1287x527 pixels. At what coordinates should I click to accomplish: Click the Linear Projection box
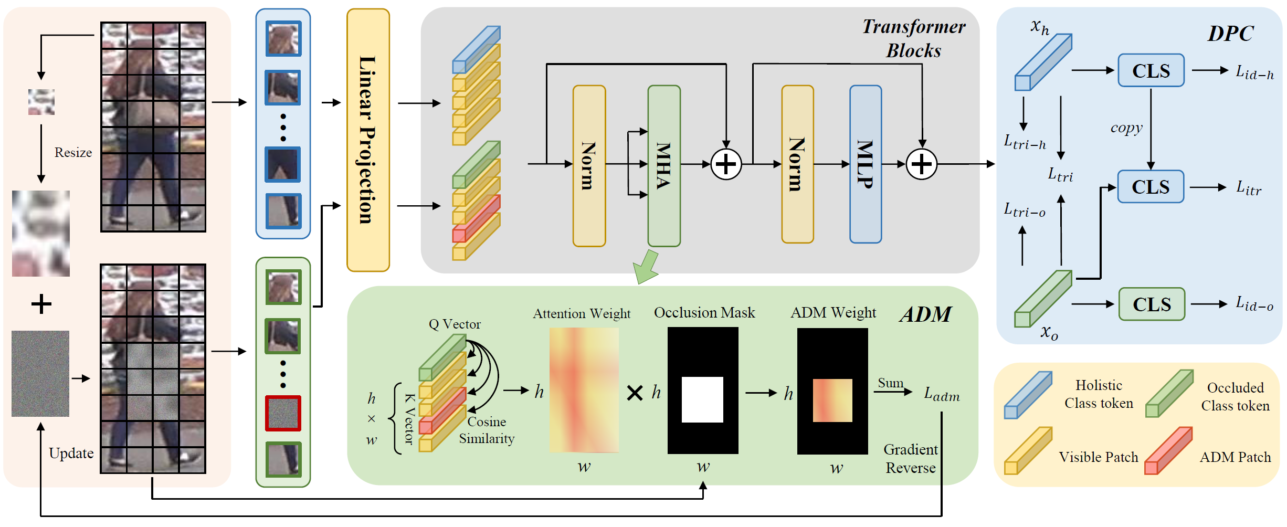(368, 140)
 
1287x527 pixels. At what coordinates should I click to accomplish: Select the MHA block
(664, 166)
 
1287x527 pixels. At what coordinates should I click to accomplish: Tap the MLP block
(865, 164)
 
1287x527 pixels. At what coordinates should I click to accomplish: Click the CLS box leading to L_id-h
(1151, 70)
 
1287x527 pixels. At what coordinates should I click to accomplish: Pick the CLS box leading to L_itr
(1150, 187)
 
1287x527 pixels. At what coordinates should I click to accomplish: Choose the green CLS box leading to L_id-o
(1152, 304)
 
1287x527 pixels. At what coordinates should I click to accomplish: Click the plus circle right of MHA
(726, 164)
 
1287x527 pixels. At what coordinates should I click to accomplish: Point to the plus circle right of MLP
(922, 164)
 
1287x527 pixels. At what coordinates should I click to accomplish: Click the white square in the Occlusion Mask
(702, 399)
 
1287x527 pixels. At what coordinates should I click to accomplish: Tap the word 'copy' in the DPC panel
(1126, 128)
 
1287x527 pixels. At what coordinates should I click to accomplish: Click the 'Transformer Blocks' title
(913, 38)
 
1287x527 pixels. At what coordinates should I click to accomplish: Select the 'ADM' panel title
(925, 314)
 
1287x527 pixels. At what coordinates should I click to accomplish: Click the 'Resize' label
(73, 153)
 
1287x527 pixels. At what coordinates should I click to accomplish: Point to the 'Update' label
(71, 453)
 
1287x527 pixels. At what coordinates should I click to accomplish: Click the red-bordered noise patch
(283, 413)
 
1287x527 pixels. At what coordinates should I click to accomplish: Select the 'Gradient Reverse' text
(911, 459)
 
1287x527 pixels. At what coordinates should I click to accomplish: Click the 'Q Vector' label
(455, 324)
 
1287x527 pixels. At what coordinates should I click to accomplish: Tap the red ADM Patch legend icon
(1168, 451)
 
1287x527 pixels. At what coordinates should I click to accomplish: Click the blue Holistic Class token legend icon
(1028, 395)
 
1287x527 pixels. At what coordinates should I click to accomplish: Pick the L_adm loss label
(942, 394)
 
